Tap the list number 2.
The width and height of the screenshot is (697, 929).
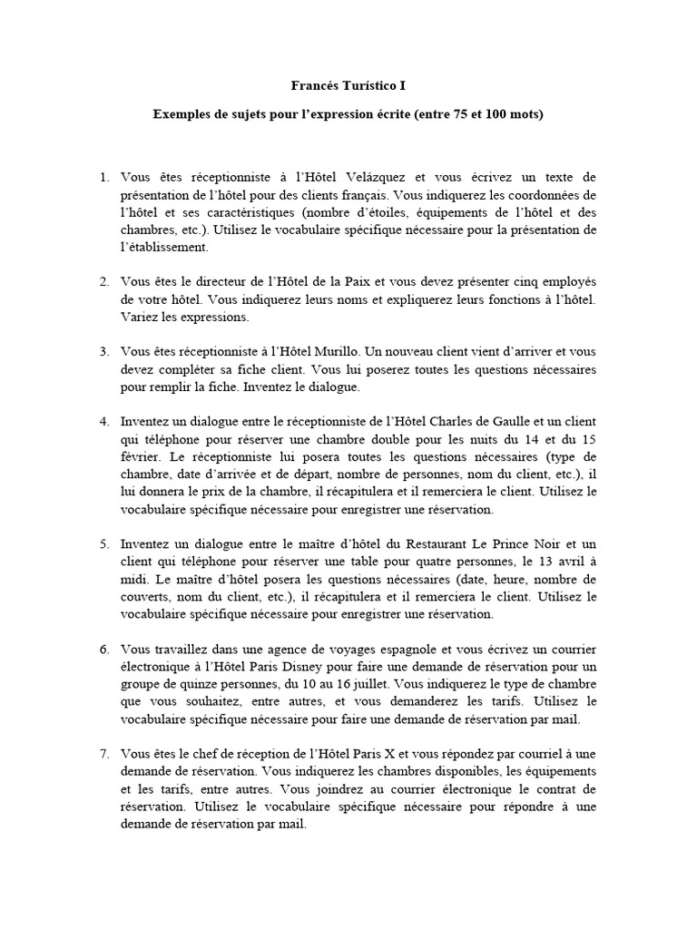pos(103,282)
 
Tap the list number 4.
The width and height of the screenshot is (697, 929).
pos(103,422)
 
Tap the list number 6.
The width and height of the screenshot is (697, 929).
pos(103,650)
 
